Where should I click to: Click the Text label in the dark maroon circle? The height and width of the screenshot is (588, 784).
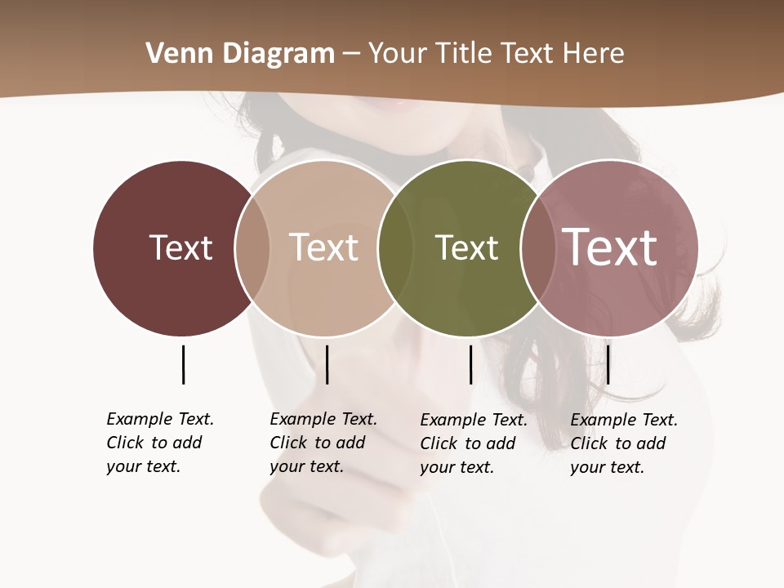click(x=180, y=247)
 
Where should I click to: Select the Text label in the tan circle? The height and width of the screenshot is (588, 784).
click(x=323, y=247)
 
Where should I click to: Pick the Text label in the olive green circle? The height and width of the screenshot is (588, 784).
click(x=466, y=247)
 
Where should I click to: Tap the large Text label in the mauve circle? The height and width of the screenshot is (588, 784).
click(x=610, y=247)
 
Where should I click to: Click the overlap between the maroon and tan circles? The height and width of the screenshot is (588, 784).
click(x=252, y=247)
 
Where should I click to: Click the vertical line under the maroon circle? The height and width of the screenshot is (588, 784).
click(x=183, y=364)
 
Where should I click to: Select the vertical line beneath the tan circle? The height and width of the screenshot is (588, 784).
click(x=327, y=364)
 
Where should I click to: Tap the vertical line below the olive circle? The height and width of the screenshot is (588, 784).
click(x=470, y=364)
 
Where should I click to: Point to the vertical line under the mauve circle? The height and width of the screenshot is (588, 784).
click(x=608, y=364)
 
